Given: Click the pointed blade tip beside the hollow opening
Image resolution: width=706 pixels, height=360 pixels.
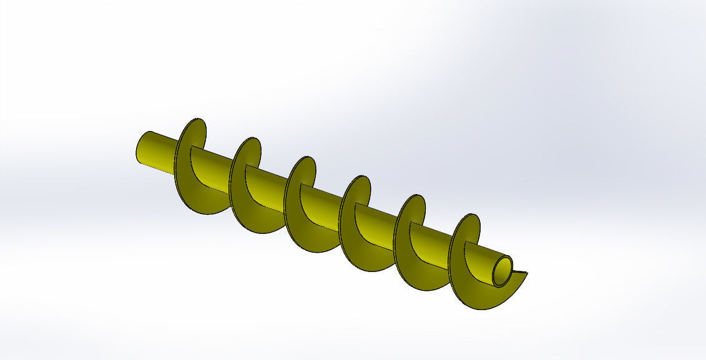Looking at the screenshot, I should pyautogui.click(x=526, y=273).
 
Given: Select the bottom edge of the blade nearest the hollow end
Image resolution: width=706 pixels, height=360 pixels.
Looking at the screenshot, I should pyautogui.click(x=481, y=308).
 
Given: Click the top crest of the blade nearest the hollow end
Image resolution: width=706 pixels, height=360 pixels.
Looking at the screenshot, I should pyautogui.click(x=473, y=215).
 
